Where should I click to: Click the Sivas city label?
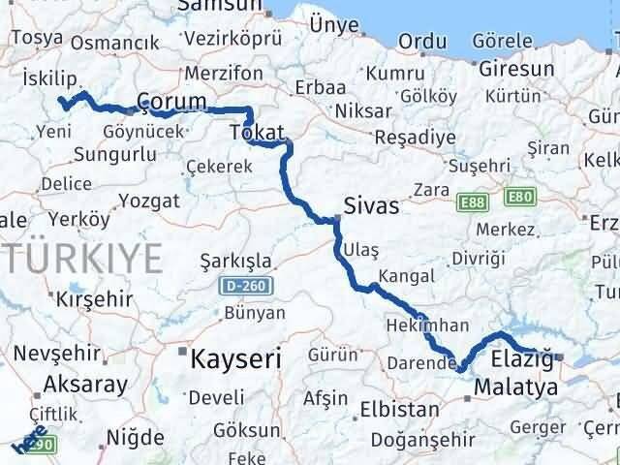click(372, 206)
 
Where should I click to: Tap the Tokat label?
click(258, 132)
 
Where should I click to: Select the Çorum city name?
click(172, 102)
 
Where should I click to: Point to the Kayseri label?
click(237, 359)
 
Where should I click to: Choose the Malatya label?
click(516, 387)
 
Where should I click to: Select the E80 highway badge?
click(520, 198)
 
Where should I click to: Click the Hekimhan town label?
click(427, 325)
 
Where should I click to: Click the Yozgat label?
click(148, 201)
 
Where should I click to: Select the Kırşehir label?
click(94, 298)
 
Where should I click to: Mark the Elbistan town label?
click(398, 410)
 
